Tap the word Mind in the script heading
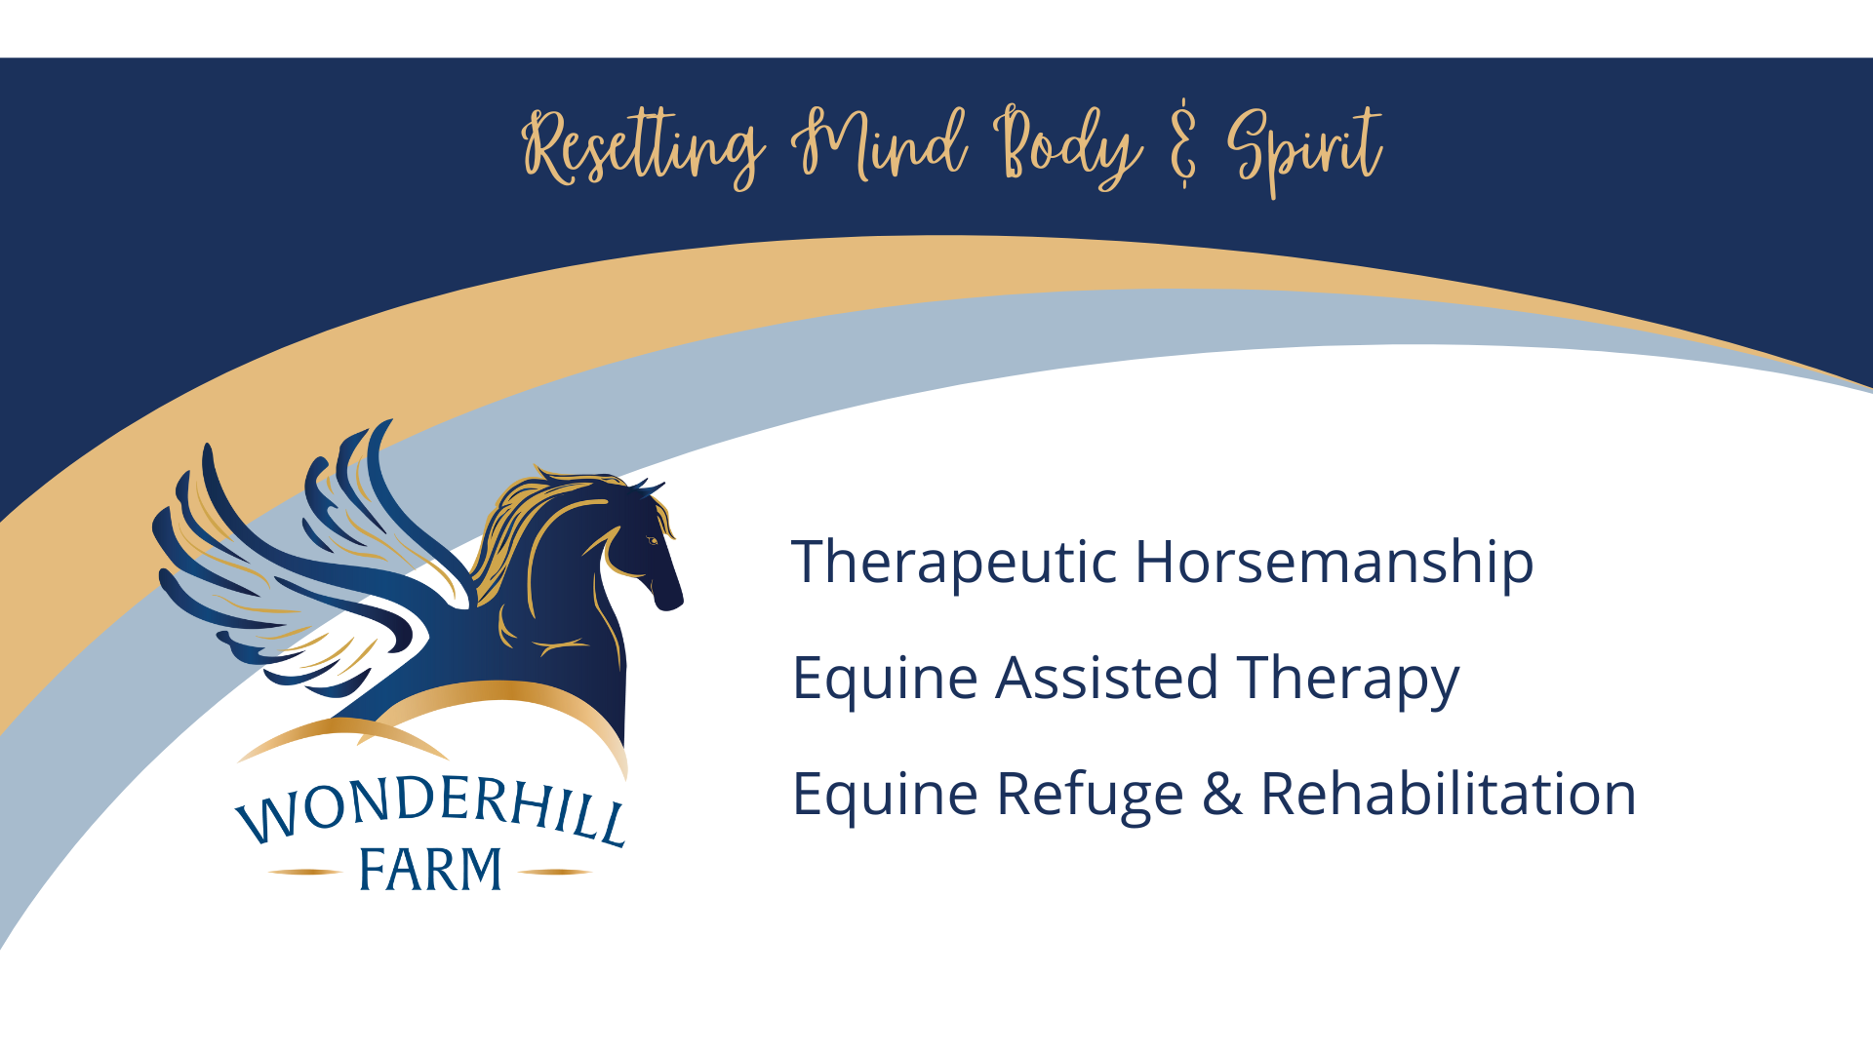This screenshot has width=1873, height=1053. coord(879,144)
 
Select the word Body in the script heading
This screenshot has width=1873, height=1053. coord(1068,147)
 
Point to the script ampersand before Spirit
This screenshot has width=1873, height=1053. coord(1183,143)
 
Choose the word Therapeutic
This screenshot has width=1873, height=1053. coord(954,563)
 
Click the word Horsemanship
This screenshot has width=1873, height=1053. coord(1335,563)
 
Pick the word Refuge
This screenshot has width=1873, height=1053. coord(1090,795)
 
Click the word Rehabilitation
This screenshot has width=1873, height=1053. coord(1449,793)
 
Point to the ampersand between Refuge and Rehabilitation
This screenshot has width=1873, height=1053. coord(1222,794)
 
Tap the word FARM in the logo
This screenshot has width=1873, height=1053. coord(430,870)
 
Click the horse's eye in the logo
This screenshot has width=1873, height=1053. coord(653,540)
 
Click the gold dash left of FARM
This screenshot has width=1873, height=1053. coord(304,872)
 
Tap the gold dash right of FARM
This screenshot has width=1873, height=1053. coord(555,872)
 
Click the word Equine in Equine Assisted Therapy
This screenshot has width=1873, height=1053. coord(885,680)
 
